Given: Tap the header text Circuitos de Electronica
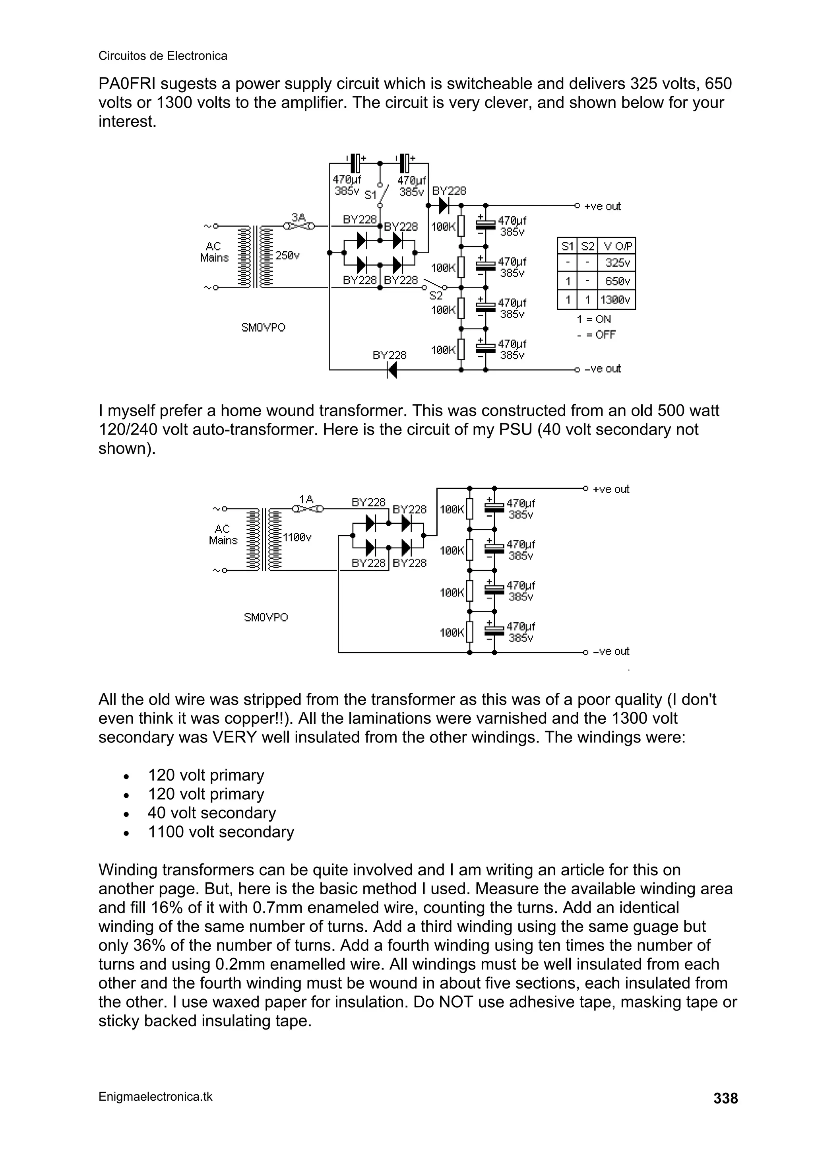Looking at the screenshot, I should (x=163, y=56).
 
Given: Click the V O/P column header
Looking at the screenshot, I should (x=616, y=247).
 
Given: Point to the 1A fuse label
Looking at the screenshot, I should (x=306, y=499).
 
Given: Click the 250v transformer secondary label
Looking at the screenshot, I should (x=287, y=256).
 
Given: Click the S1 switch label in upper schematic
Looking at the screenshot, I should (x=370, y=195).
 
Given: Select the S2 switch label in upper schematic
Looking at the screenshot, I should (x=436, y=296).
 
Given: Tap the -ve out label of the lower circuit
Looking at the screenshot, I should (x=610, y=651).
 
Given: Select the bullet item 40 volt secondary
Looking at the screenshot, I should (x=212, y=813).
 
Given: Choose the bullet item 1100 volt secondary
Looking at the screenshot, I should (x=221, y=832).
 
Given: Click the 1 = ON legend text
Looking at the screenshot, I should (x=594, y=319).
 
